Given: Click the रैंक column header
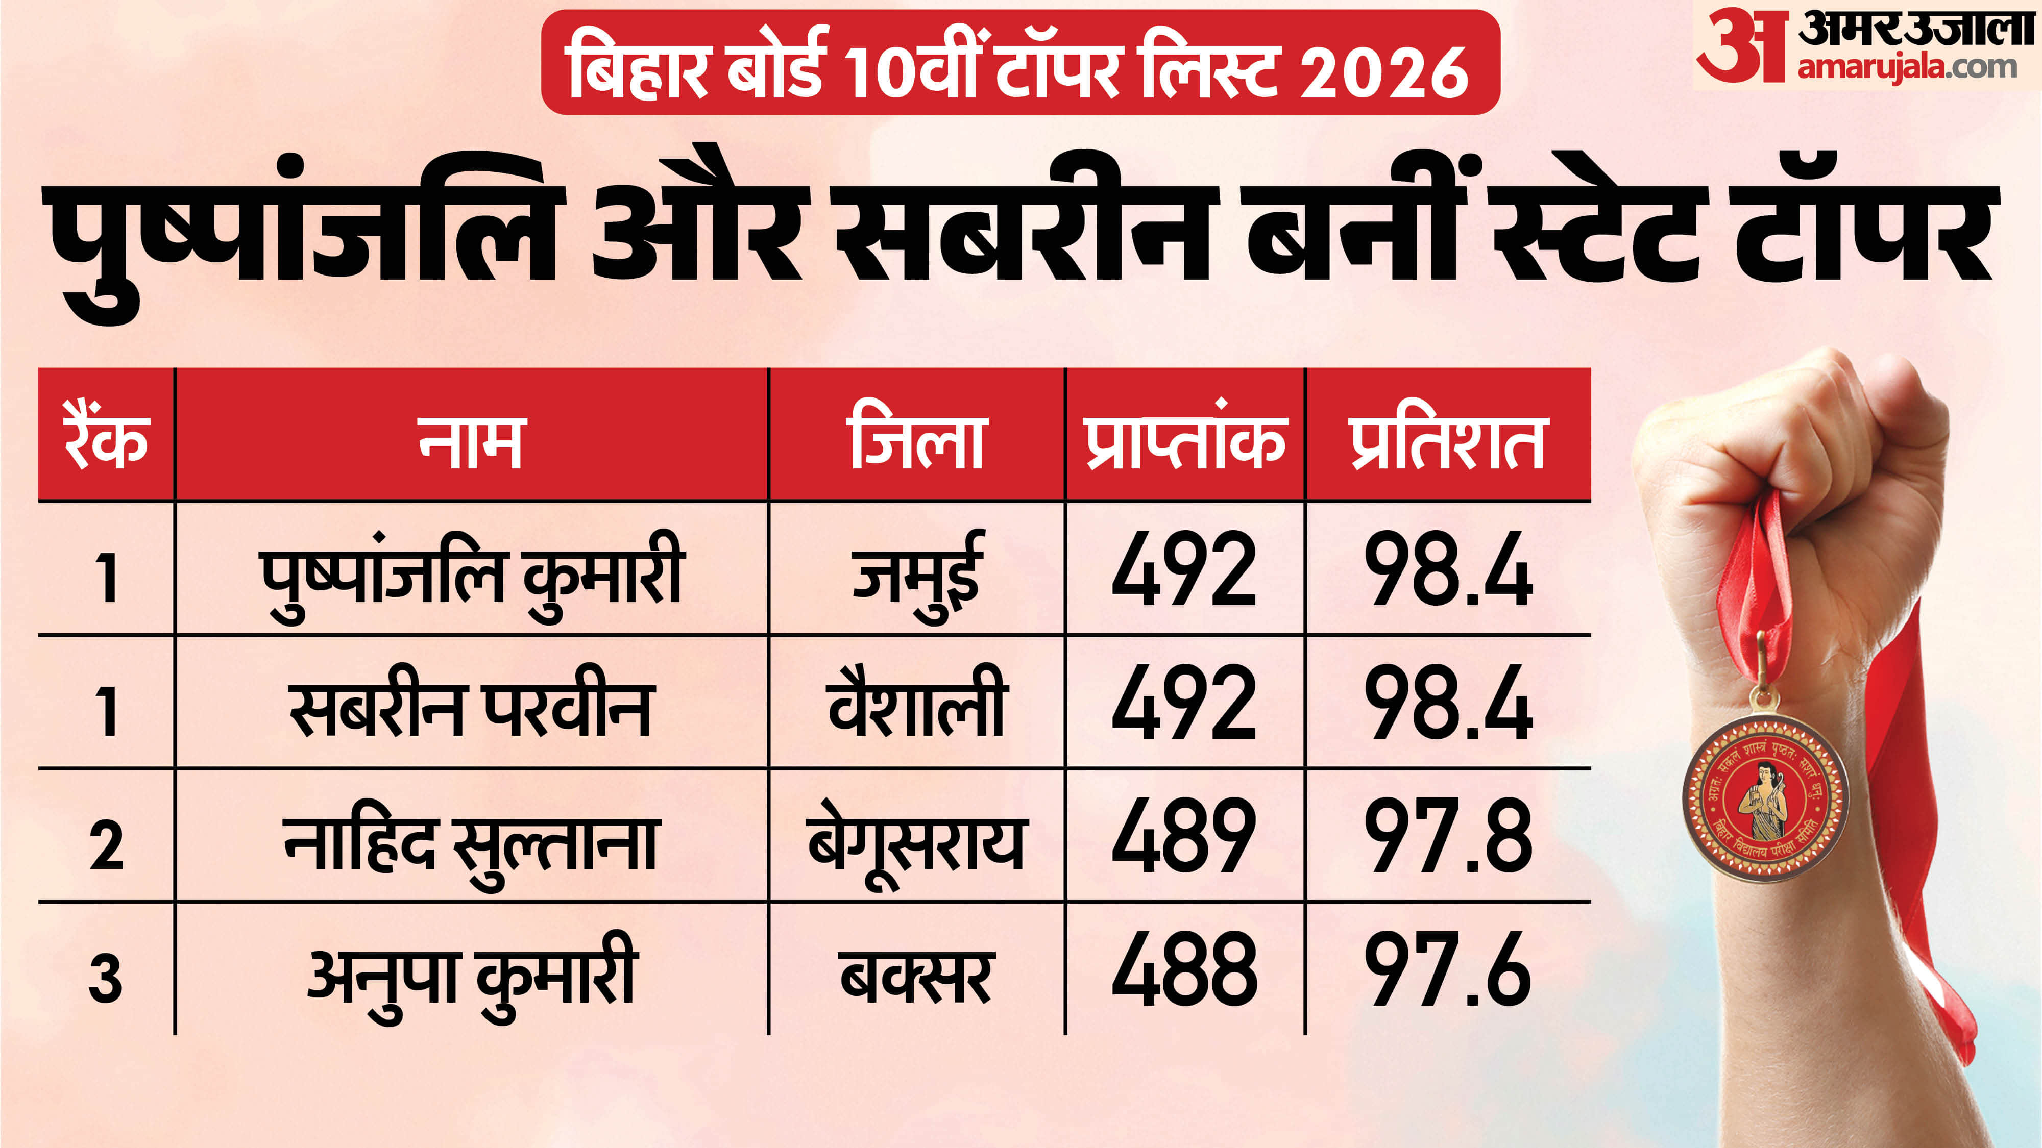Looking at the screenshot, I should (106, 440).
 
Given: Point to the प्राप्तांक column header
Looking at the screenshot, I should (1184, 440).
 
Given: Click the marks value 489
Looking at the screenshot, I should (1184, 836).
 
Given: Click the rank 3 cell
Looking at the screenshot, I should (106, 979).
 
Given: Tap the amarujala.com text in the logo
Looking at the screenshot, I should (1906, 67).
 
